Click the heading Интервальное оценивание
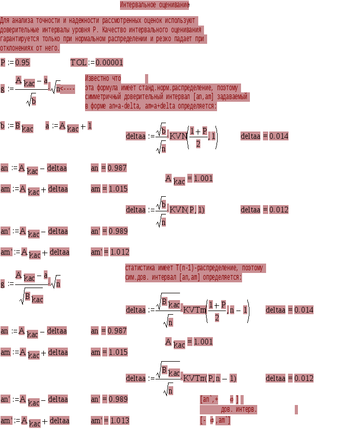154,5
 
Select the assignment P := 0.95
15,63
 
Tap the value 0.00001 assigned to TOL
109,63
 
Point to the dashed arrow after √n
67,89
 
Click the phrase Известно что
103,78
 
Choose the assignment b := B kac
17,127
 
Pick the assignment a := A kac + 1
68,127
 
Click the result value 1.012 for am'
119,252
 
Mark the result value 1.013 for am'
119,421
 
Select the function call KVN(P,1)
187,210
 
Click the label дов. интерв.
239,410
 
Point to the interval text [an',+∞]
219,399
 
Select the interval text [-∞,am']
215,420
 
